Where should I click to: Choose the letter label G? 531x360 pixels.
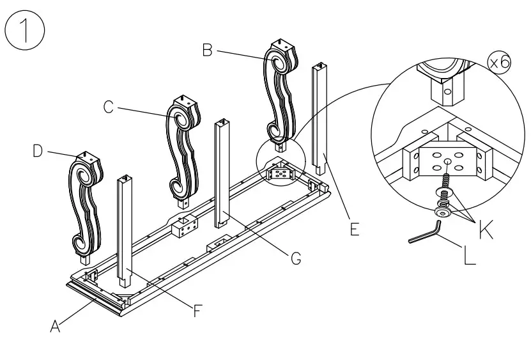(x=295, y=259)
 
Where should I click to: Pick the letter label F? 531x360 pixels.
(x=199, y=311)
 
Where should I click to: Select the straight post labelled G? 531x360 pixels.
(x=222, y=173)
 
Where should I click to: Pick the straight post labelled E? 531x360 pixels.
(x=319, y=121)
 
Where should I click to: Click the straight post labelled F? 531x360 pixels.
(x=124, y=230)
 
